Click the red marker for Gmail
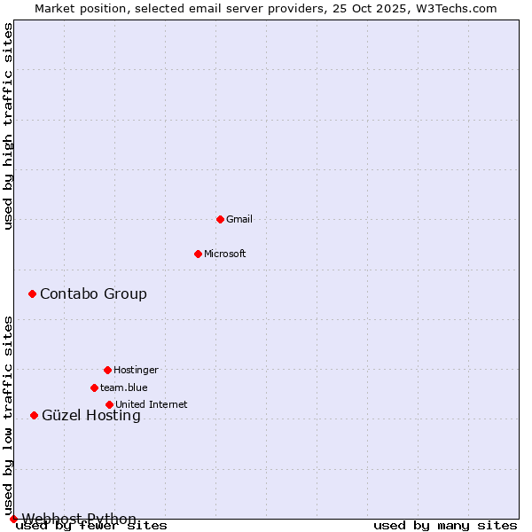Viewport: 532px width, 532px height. coord(220,219)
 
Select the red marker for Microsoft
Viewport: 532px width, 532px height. coord(198,254)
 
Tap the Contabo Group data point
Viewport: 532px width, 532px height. coord(32,293)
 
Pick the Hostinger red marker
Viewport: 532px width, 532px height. coord(107,370)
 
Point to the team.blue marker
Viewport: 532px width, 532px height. coord(94,387)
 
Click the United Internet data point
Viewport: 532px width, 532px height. coord(109,404)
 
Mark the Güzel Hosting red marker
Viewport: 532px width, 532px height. coord(34,415)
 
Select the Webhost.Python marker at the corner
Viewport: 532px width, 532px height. coord(13,519)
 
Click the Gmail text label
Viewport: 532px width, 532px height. coord(239,219)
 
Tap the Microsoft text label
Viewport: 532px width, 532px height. coord(225,254)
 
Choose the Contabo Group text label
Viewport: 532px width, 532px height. coord(93,293)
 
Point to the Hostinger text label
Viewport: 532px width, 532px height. coord(136,370)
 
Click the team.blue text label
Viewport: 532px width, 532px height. coord(124,387)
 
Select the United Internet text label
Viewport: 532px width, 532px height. coord(152,404)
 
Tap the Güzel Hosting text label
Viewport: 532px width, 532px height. coord(91,415)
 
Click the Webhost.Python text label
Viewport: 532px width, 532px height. coord(79,519)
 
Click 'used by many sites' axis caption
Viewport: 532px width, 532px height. coord(445,526)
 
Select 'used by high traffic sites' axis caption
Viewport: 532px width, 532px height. coord(9,126)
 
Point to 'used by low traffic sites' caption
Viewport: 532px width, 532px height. coord(9,415)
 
